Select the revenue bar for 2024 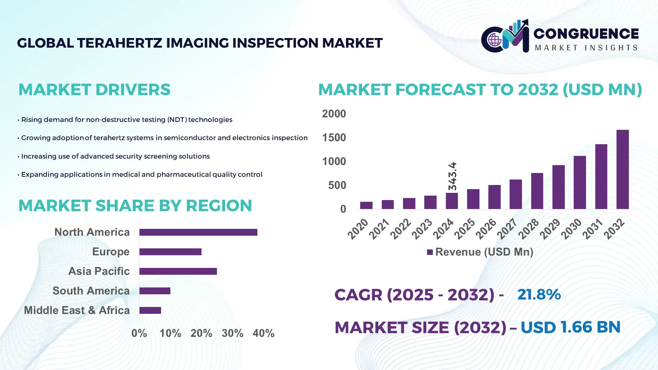[452, 201]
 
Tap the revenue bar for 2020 [366, 205]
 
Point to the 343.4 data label [452, 176]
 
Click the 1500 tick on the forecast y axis [334, 138]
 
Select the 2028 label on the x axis [528, 229]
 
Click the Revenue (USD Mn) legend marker [430, 252]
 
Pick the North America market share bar [198, 232]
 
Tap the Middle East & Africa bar [150, 310]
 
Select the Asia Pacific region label [99, 271]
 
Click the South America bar [155, 291]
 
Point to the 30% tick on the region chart [232, 333]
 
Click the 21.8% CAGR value [539, 294]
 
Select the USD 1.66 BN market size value [570, 327]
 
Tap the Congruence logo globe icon [495, 40]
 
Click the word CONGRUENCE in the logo [586, 34]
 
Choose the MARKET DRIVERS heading [94, 90]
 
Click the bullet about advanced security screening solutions [115, 156]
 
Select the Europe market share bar [170, 252]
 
